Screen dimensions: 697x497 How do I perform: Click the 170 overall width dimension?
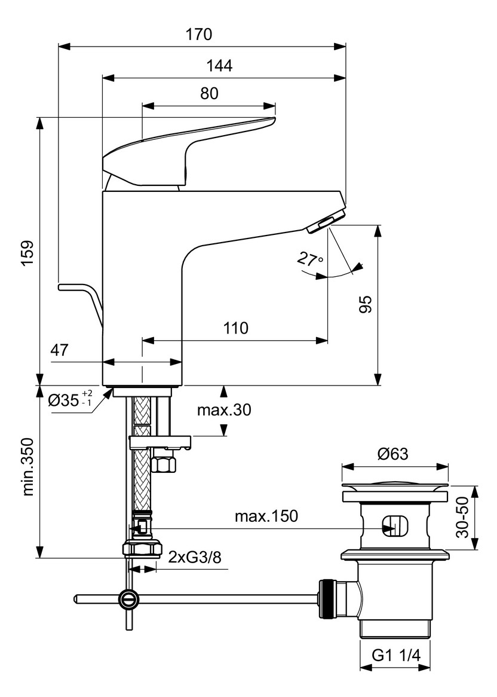point(199,35)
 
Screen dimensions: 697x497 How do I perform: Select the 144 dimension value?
point(220,66)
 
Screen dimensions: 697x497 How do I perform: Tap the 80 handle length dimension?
point(209,93)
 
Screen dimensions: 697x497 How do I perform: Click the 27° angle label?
point(309,260)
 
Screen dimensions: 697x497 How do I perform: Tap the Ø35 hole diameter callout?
point(70,399)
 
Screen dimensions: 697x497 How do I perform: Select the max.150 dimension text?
point(266,516)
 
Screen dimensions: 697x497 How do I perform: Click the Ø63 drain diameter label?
point(393,454)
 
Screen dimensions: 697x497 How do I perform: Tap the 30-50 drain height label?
point(461,517)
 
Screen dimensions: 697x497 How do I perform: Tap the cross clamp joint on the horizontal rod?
point(128,598)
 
